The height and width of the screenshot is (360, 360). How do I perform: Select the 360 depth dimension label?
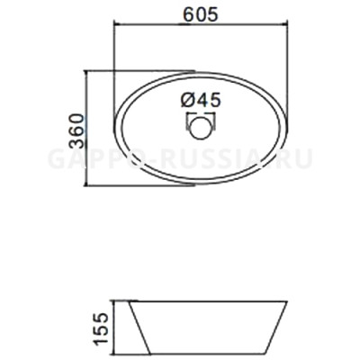(76, 128)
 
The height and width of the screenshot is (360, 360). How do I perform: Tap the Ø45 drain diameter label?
(201, 99)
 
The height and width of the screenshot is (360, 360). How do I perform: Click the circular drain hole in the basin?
(201, 127)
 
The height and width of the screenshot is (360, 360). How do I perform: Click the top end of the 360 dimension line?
(89, 71)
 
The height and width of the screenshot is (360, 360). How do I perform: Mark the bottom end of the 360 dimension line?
(89, 185)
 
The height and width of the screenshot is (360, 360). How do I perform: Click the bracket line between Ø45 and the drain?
(201, 113)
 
